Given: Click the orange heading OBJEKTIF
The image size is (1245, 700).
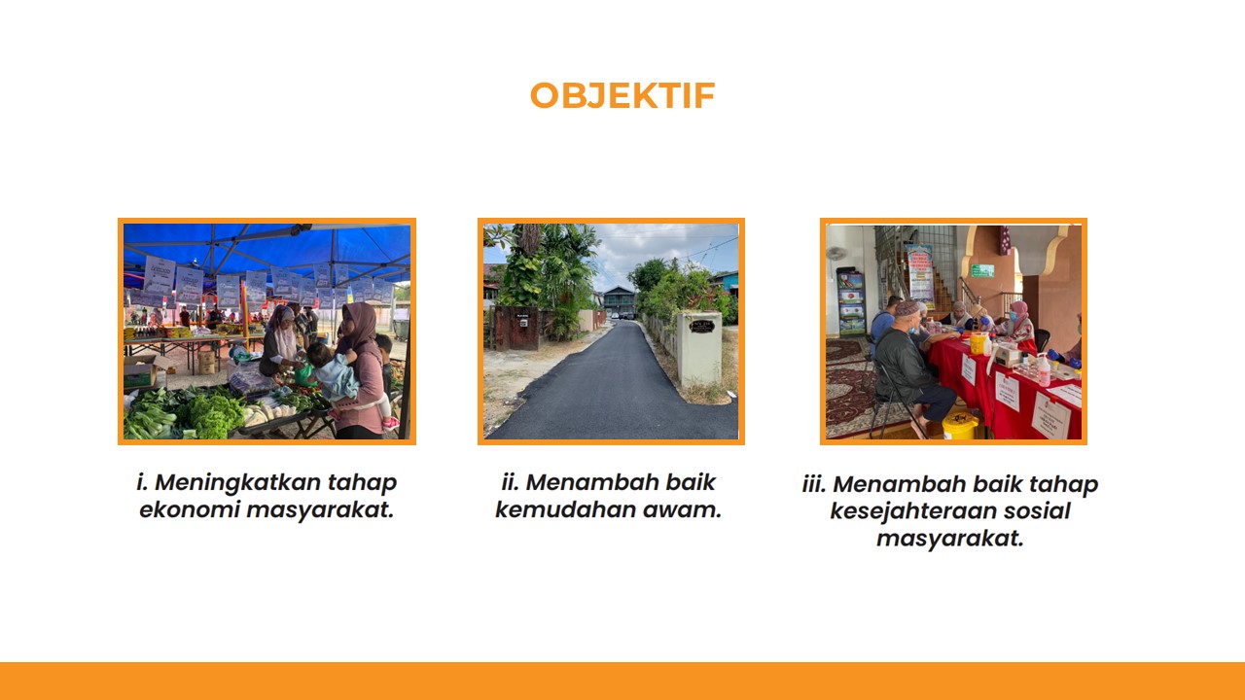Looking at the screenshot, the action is pyautogui.click(x=622, y=95).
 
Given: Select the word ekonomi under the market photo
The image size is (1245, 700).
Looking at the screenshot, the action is pyautogui.click(x=189, y=509).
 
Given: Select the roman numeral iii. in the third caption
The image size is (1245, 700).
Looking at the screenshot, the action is pyautogui.click(x=814, y=484).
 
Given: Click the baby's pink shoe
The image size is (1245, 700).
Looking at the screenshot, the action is pyautogui.click(x=391, y=423).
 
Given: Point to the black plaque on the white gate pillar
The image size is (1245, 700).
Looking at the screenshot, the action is pyautogui.click(x=701, y=326).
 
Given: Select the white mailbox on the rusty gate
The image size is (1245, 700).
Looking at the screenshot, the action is pyautogui.click(x=523, y=322).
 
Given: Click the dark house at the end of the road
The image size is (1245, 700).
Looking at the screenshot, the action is pyautogui.click(x=620, y=301).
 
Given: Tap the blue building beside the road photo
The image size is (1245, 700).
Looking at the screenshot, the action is pyautogui.click(x=726, y=283).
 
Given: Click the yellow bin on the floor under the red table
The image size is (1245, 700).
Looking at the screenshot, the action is pyautogui.click(x=960, y=426).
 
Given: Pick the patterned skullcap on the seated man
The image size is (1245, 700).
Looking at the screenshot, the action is pyautogui.click(x=907, y=308).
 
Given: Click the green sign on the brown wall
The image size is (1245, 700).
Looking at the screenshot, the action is pyautogui.click(x=982, y=270).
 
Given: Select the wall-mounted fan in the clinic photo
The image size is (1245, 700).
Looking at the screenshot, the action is pyautogui.click(x=836, y=254).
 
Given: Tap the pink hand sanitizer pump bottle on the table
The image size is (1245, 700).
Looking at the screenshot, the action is pyautogui.click(x=1044, y=370).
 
